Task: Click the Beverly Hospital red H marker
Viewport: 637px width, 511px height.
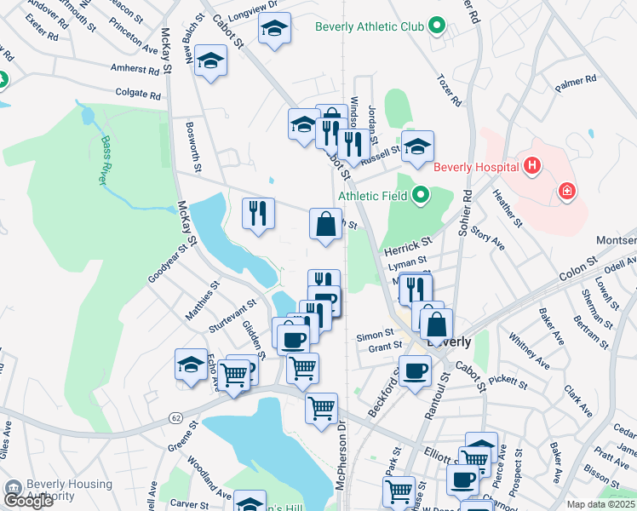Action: point(532,165)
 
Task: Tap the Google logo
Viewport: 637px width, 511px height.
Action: point(28,501)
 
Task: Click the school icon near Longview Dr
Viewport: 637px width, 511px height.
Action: point(274,29)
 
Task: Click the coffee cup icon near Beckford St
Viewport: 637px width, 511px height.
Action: point(415,371)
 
